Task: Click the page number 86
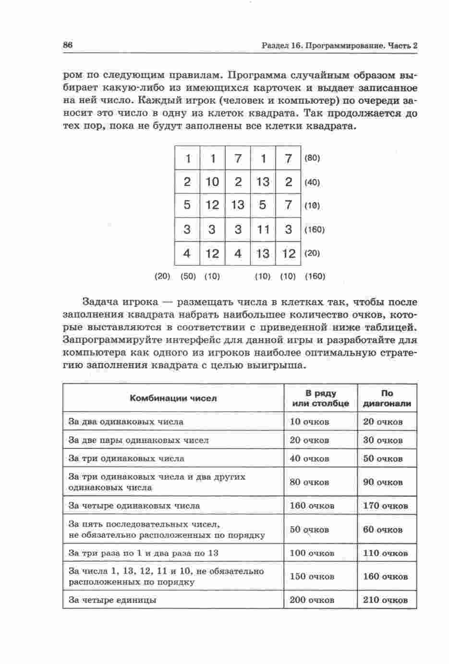(x=67, y=45)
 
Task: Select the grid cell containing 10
(x=212, y=181)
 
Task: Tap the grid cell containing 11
(x=263, y=229)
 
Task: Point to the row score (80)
(x=312, y=158)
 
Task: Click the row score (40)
(x=312, y=182)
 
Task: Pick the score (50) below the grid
(x=188, y=277)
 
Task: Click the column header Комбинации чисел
(x=173, y=398)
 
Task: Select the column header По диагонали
(x=387, y=398)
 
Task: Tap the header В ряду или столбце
(x=320, y=398)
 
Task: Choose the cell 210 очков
(x=386, y=600)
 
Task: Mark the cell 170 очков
(x=386, y=506)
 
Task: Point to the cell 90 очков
(x=383, y=482)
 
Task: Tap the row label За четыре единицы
(x=112, y=600)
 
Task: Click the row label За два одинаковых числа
(x=126, y=422)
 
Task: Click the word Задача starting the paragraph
(x=101, y=302)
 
